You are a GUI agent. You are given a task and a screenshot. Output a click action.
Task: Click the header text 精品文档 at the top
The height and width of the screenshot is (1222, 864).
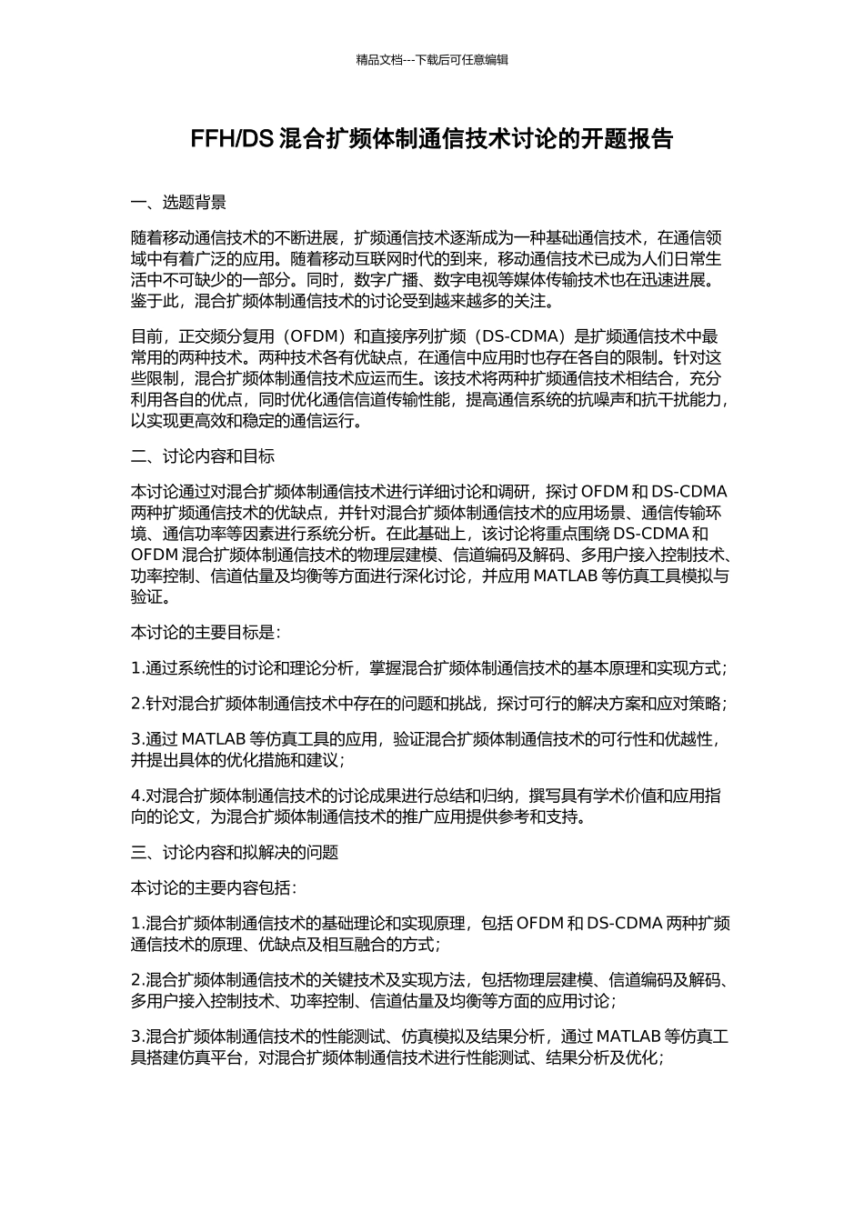(379, 60)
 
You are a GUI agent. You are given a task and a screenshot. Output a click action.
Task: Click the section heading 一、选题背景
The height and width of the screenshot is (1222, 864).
(178, 203)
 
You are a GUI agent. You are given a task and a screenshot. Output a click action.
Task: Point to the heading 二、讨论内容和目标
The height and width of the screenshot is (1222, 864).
(203, 456)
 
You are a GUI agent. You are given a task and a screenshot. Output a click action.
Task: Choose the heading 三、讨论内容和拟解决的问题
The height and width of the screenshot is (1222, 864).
(235, 852)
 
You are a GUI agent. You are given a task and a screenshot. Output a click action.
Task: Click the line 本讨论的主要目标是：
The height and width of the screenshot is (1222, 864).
(206, 632)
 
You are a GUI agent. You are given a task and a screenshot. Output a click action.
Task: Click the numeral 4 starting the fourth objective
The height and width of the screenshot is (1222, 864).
(136, 796)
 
